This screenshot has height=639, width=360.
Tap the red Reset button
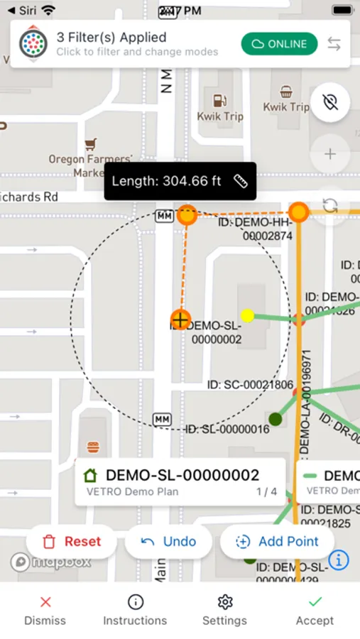coord(71,542)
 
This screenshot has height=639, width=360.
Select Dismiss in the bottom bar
coord(45,611)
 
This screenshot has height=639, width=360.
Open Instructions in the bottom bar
coord(135,611)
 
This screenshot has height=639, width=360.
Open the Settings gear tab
coord(224,611)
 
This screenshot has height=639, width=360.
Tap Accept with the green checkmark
coord(315,611)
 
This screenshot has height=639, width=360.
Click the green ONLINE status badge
coord(279,44)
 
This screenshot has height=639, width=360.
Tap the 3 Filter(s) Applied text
coord(111,38)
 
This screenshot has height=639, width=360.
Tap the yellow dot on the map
coord(247,315)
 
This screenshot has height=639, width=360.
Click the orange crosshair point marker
coord(181,319)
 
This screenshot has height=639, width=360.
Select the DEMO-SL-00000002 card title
coord(182,476)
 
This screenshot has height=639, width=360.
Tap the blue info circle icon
coord(339,559)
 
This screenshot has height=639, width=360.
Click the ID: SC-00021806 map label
coord(250,385)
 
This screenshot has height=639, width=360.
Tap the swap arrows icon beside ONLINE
coord(333,44)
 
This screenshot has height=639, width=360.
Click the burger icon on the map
coord(93,447)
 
